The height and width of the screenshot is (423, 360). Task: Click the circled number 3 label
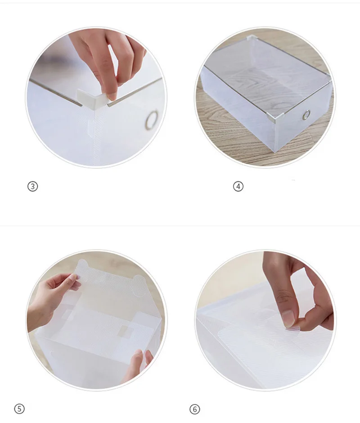pyautogui.click(x=33, y=186)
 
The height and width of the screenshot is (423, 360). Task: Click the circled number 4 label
pyautogui.click(x=238, y=186)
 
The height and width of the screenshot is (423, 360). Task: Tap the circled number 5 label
pyautogui.click(x=19, y=408)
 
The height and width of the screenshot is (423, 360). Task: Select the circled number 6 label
pyautogui.click(x=195, y=409)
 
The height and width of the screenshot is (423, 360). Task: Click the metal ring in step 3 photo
pyautogui.click(x=152, y=120)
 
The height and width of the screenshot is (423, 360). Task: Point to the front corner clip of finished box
pyautogui.click(x=276, y=116)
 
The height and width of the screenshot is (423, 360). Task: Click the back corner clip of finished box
pyautogui.click(x=252, y=38)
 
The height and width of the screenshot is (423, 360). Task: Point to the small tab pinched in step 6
pyautogui.click(x=293, y=328)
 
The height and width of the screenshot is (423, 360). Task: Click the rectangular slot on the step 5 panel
pyautogui.click(x=126, y=331)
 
